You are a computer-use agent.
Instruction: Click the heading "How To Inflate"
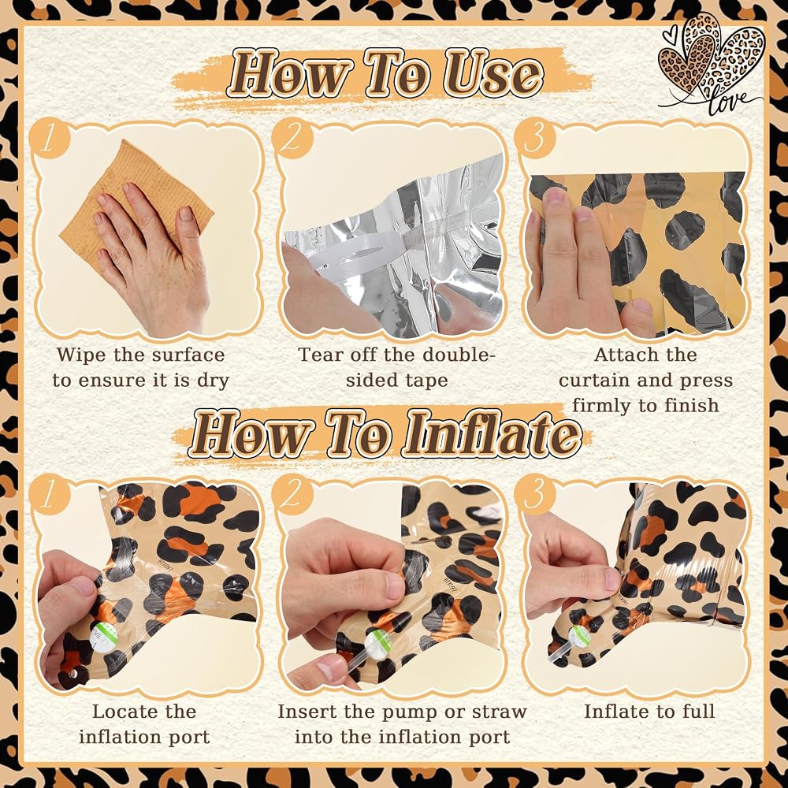click(385, 433)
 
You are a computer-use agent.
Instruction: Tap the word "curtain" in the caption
click(591, 381)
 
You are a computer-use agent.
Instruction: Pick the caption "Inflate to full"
click(649, 712)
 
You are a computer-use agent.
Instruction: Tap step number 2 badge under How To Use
click(291, 139)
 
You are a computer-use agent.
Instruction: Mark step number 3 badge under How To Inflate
click(536, 495)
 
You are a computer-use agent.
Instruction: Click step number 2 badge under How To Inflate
click(291, 495)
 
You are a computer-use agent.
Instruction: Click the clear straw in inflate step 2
click(347, 657)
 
